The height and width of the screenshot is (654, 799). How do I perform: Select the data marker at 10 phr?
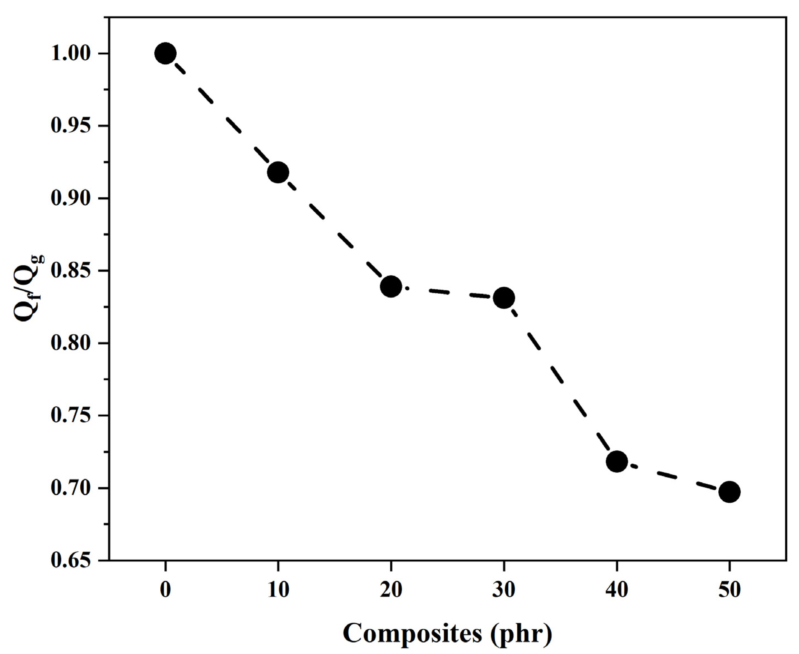[x=278, y=172]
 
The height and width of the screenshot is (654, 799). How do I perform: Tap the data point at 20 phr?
[x=391, y=286]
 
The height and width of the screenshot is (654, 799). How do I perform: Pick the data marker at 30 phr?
[x=504, y=298]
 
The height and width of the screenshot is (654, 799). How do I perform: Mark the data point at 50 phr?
[x=730, y=492]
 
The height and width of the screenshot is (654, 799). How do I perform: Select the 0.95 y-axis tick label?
[x=71, y=126]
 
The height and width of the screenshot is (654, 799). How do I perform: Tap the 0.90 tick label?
[x=71, y=198]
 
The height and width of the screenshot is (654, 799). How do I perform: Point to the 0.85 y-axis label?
[x=71, y=271]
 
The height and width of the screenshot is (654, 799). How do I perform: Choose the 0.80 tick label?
[x=71, y=344]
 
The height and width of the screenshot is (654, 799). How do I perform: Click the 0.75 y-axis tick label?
[x=71, y=416]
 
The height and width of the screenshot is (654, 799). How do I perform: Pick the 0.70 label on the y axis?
[x=71, y=489]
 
